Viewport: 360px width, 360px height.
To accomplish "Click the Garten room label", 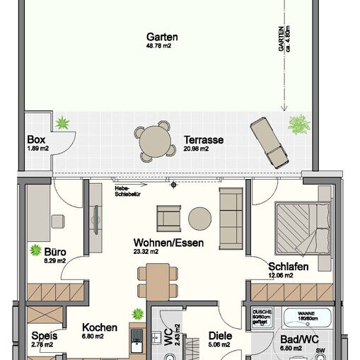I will (x=162, y=37).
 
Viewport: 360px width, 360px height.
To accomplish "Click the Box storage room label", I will (x=35, y=139).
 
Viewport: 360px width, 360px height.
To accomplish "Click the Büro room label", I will (x=55, y=251).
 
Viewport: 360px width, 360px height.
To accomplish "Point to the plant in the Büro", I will (x=34, y=250).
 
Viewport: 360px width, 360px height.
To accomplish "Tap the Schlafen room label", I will (x=286, y=267).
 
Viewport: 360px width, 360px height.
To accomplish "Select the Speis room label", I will (x=44, y=336).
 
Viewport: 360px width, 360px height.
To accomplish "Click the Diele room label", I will (x=220, y=337).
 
